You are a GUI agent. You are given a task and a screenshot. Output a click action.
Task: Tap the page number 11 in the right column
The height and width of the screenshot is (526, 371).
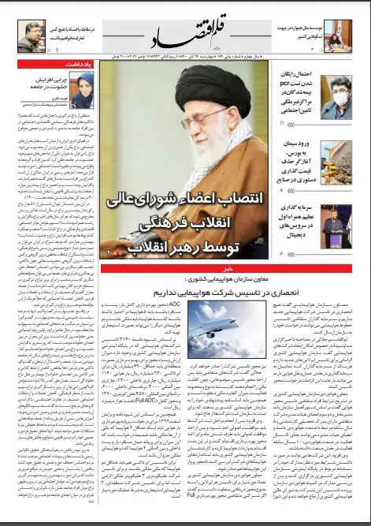point(283,124)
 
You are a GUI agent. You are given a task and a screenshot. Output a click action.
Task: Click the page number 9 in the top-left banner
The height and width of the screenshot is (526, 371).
point(60,50)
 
